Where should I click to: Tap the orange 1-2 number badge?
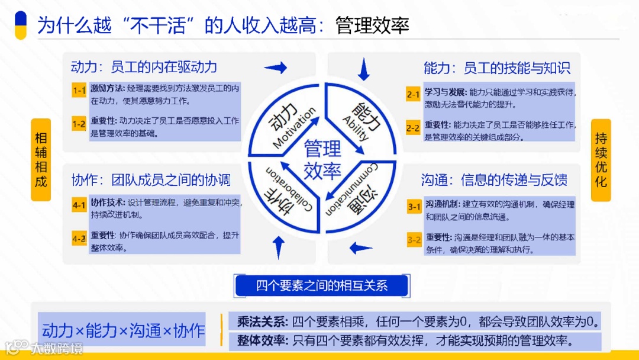tap(79, 124)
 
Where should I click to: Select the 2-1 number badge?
tap(413, 94)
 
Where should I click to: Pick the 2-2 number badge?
tap(413, 127)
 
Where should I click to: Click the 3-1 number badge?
tap(414, 207)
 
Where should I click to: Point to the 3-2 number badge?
tap(414, 240)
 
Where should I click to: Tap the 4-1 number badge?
tap(79, 205)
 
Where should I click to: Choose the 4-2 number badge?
tap(79, 239)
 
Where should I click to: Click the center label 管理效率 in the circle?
tap(322, 160)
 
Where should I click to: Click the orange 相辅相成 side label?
tap(41, 160)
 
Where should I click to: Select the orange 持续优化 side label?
tap(601, 160)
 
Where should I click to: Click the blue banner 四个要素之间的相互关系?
tap(322, 286)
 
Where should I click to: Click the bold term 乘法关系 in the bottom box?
tap(262, 322)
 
